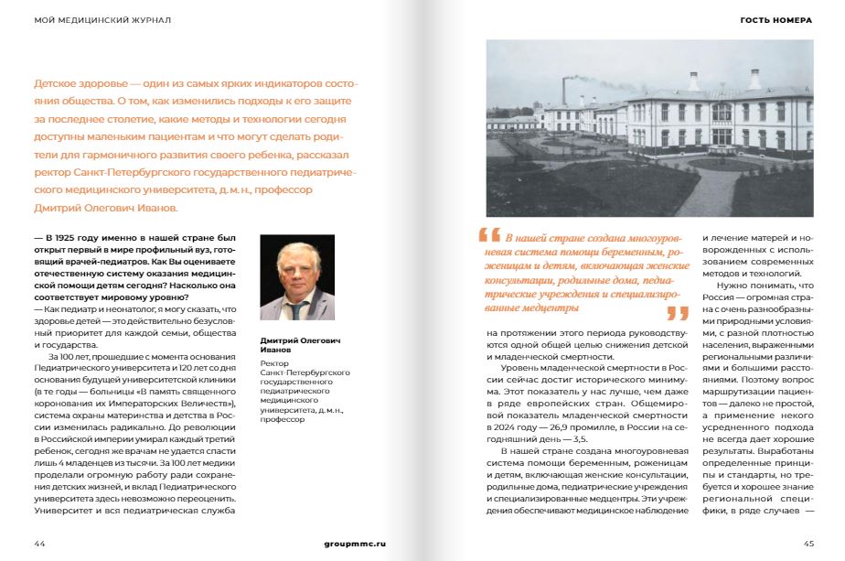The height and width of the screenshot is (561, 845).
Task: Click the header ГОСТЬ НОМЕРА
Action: click(776, 19)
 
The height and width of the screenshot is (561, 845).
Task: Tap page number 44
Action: click(39, 543)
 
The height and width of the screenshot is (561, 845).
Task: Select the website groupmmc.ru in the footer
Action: click(355, 543)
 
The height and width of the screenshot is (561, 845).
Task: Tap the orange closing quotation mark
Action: click(677, 313)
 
